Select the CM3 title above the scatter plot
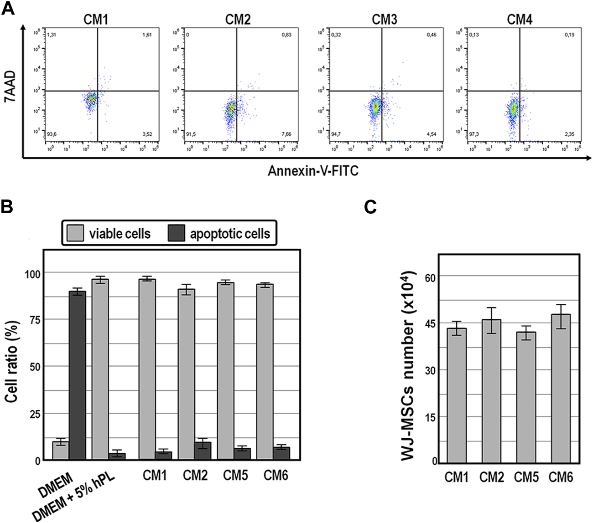pyautogui.click(x=384, y=20)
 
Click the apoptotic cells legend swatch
pyautogui.click(x=176, y=233)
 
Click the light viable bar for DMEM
pyautogui.click(x=61, y=451)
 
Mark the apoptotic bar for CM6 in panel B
pyautogui.click(x=281, y=454)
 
